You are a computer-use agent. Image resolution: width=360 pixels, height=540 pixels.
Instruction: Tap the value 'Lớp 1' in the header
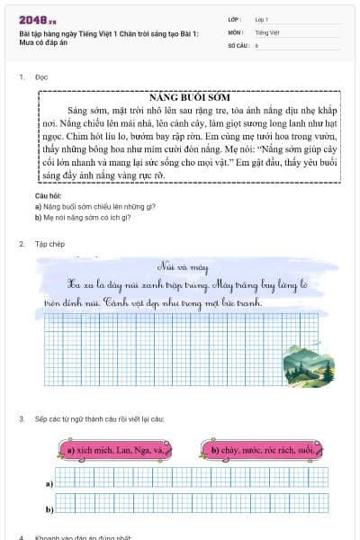(x=262, y=19)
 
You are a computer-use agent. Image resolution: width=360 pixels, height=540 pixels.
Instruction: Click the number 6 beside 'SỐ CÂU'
(x=257, y=44)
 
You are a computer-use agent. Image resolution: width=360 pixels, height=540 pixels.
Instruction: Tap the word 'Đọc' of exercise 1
(x=41, y=77)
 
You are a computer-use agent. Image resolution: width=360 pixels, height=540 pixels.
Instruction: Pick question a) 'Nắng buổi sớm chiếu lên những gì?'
(x=83, y=206)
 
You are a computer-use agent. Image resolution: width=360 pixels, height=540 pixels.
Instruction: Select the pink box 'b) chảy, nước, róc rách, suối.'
(x=260, y=449)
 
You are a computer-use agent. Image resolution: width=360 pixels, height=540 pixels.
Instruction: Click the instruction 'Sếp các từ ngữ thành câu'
(x=100, y=419)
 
